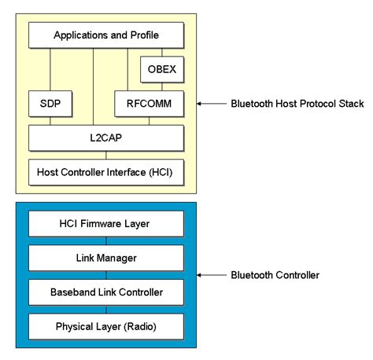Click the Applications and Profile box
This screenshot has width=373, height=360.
point(106,35)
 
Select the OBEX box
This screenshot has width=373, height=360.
point(162,69)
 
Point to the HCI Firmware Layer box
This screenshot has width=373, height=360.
point(106,224)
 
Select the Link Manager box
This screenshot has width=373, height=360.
point(106,258)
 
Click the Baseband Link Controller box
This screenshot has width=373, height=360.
point(106,292)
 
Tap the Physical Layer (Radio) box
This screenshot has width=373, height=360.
point(106,325)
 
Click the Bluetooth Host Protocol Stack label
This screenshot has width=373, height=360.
point(297,103)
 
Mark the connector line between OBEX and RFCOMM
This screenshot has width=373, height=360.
point(162,86)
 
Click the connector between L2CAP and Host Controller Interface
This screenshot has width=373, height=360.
point(106,154)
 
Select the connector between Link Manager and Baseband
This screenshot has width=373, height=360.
point(106,275)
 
